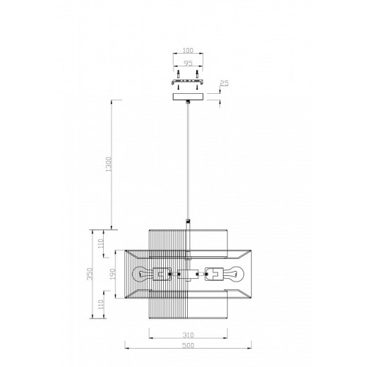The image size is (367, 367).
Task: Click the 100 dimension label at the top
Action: point(188,50)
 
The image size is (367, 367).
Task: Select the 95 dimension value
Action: point(188,63)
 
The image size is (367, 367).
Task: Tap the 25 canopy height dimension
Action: point(224,83)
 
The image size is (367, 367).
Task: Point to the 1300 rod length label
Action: point(109,164)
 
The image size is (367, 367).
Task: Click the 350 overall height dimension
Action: point(90,274)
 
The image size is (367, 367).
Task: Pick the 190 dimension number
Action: point(113,274)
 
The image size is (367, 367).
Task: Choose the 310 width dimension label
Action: point(188,335)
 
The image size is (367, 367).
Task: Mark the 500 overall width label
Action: point(188,345)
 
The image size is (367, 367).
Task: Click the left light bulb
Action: point(143,275)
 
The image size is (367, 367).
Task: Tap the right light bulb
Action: point(234,275)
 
